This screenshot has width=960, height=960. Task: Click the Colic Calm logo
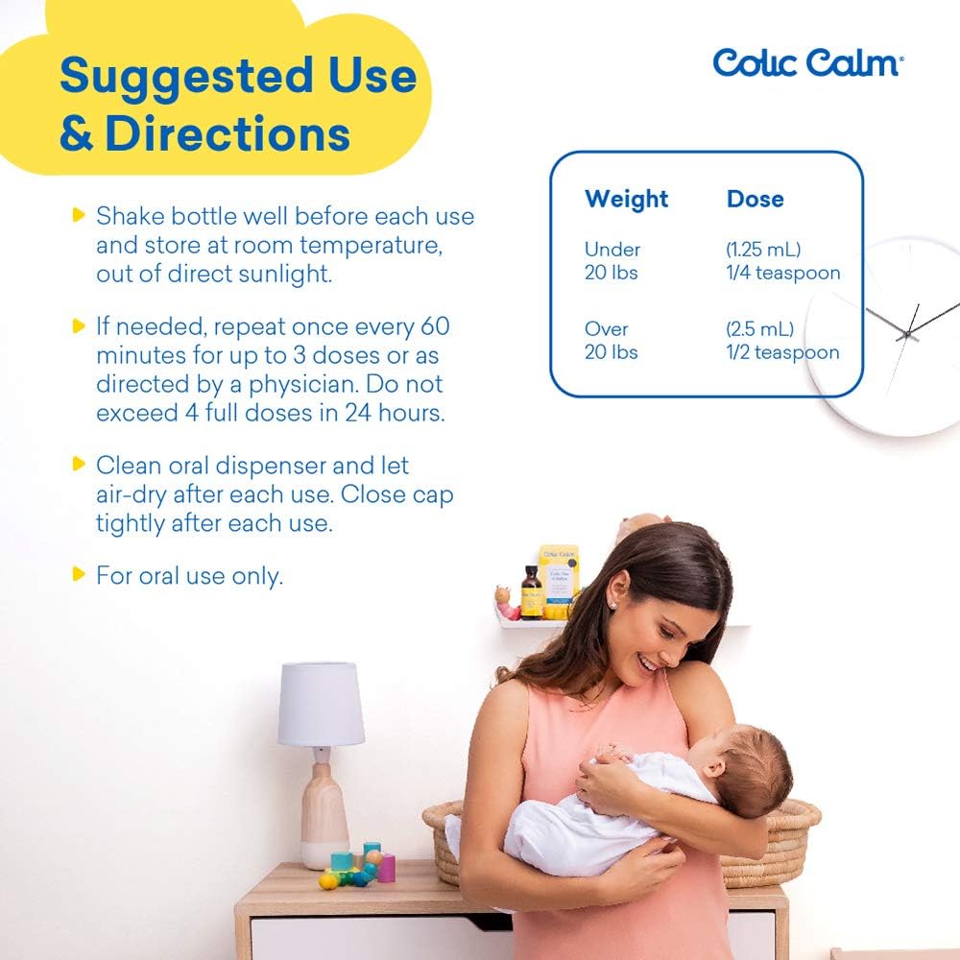807,62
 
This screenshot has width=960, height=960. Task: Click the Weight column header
626,199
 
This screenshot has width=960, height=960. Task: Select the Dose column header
755,199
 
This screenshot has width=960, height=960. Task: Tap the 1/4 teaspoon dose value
782,273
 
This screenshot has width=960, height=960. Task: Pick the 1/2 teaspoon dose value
782,352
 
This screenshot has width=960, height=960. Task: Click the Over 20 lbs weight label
612,341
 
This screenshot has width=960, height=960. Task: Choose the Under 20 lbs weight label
612,261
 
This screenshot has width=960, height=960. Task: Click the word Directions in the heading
227,134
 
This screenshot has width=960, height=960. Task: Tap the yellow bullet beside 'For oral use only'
79,575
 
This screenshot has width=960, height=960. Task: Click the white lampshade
321,704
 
